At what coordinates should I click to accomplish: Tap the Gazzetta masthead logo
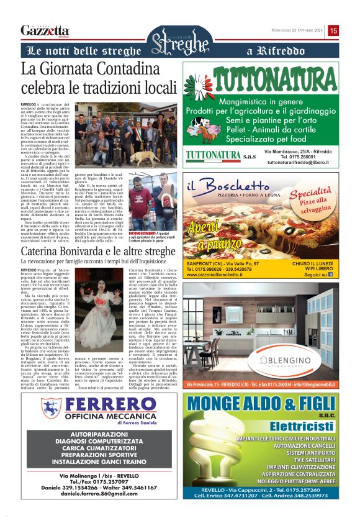[45, 30]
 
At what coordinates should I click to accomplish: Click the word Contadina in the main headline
[127, 68]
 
